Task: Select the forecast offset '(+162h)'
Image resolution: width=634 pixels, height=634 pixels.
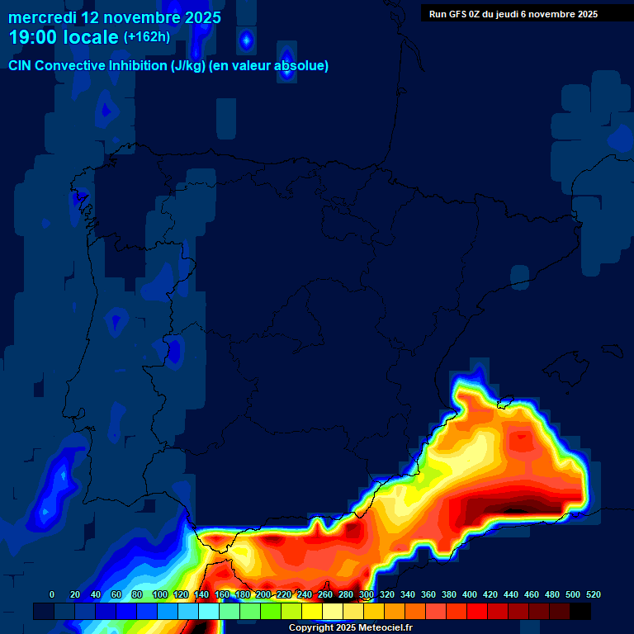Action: pyautogui.click(x=146, y=37)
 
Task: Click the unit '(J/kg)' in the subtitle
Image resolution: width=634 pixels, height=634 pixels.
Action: pyautogui.click(x=189, y=66)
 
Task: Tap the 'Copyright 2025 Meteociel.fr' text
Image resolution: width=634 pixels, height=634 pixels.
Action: pyautogui.click(x=350, y=628)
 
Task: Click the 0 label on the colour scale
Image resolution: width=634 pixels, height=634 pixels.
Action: pyautogui.click(x=52, y=594)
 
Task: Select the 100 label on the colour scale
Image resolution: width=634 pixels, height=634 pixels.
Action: pyautogui.click(x=160, y=594)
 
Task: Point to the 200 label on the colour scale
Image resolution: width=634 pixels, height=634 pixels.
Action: pyautogui.click(x=263, y=594)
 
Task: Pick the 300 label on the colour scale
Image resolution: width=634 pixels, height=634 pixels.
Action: pyautogui.click(x=367, y=594)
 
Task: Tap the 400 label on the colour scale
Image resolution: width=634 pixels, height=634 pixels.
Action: pyautogui.click(x=470, y=594)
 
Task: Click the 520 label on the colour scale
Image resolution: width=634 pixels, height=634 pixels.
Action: pyautogui.click(x=593, y=594)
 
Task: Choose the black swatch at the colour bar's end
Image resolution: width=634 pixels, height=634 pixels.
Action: pyautogui.click(x=580, y=611)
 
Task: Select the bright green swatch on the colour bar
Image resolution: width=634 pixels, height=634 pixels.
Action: pyautogui.click(x=270, y=611)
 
